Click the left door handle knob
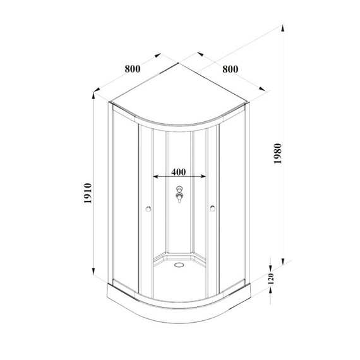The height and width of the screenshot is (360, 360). pyautogui.click(x=147, y=208)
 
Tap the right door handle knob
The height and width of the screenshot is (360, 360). pyautogui.click(x=213, y=208)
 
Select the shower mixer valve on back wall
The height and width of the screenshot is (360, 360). pyautogui.click(x=180, y=196)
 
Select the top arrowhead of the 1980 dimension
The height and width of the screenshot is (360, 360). pyautogui.click(x=281, y=30)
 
